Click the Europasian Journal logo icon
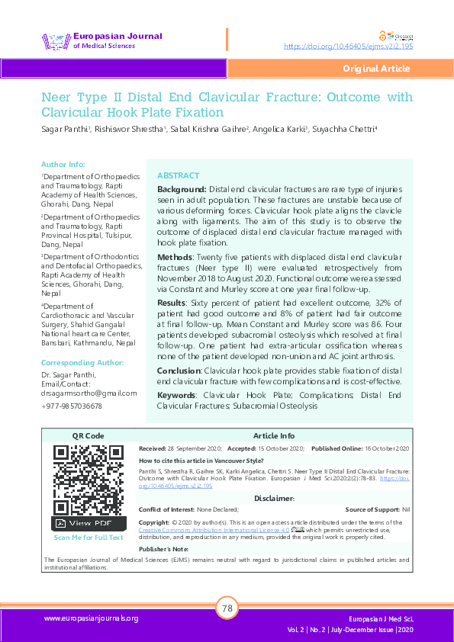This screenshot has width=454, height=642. click(56, 40)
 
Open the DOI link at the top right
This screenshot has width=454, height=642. click(348, 47)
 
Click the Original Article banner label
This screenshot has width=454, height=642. click(376, 69)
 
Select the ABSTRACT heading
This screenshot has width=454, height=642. click(178, 175)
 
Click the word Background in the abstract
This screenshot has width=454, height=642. click(181, 188)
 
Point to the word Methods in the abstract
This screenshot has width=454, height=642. click(175, 258)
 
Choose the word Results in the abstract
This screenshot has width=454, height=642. click(173, 303)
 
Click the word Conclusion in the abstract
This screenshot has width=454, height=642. click(179, 370)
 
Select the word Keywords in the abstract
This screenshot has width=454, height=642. click(177, 395)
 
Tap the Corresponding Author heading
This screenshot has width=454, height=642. click(82, 363)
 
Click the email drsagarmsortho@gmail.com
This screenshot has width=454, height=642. click(89, 393)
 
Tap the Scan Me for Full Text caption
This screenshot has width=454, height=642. click(89, 538)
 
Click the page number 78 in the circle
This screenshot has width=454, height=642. click(227, 608)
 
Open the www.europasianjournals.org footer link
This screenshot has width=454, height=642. click(91, 618)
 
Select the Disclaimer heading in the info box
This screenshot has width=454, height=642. click(274, 499)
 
